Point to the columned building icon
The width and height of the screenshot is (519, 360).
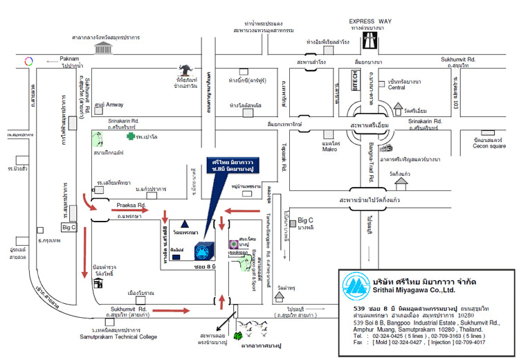pyautogui.click(x=104, y=46)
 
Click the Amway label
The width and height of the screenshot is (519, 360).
pyautogui.click(x=115, y=105)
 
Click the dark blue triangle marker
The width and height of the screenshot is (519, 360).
pyautogui.click(x=185, y=224)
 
